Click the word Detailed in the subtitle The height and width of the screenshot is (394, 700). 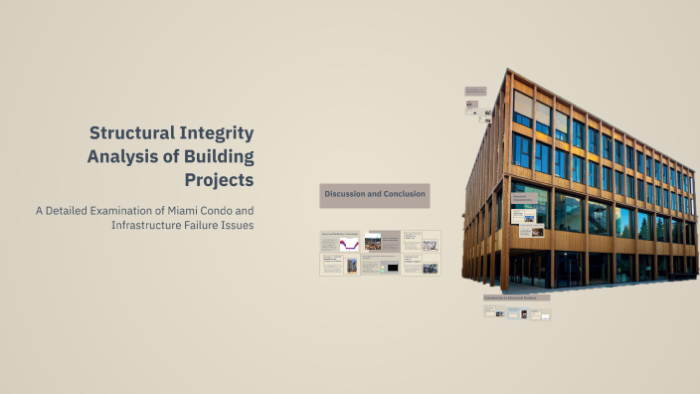click(77, 210)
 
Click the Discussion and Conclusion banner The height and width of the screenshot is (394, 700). click(374, 194)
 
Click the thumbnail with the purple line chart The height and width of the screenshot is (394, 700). click(349, 243)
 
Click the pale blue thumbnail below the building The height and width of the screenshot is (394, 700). click(514, 312)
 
